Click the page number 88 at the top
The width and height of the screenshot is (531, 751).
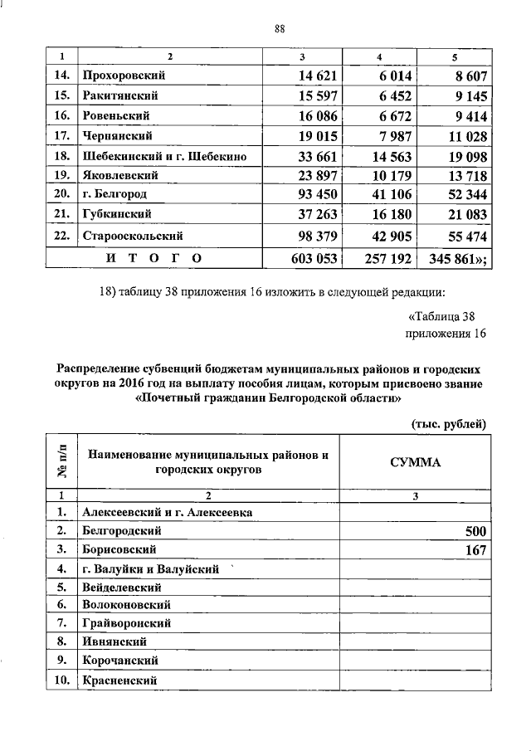(280, 31)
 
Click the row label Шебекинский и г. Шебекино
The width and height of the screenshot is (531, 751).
(164, 155)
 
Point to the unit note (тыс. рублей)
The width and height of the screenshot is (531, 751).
(449, 424)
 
